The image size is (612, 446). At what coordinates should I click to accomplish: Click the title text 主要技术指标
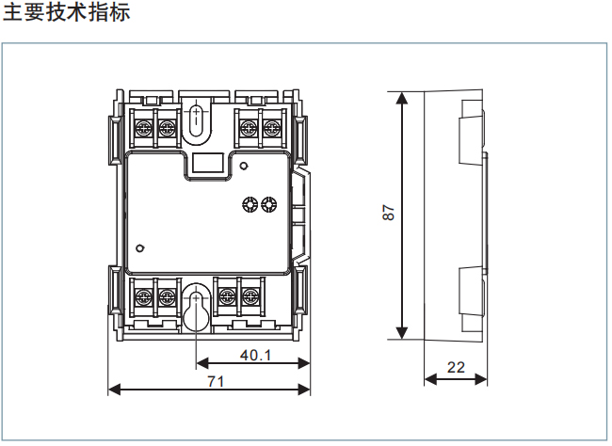tap(66, 13)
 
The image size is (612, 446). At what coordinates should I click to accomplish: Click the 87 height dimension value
tap(387, 214)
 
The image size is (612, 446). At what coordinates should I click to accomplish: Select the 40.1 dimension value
tap(255, 356)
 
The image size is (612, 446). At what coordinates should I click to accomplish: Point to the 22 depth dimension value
tap(456, 367)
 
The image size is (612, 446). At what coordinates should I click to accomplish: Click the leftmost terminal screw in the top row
tap(146, 125)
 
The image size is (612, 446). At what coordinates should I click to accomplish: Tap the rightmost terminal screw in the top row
tap(272, 125)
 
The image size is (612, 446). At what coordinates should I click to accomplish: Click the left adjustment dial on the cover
tap(250, 204)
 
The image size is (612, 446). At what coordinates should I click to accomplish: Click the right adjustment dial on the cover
tap(269, 204)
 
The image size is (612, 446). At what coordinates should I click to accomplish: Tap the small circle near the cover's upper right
tap(244, 167)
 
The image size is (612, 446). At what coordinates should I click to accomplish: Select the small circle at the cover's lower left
tap(139, 248)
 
